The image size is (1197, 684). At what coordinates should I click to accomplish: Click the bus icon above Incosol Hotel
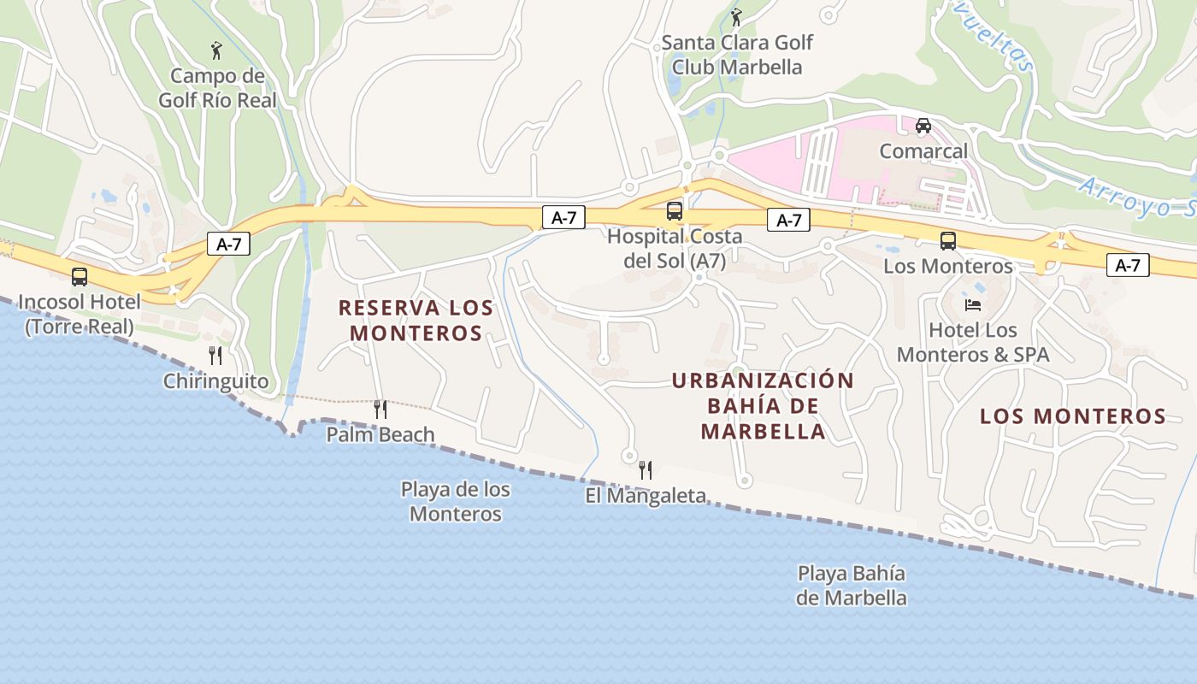click(x=80, y=277)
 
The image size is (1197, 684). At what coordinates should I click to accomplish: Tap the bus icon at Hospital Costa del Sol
click(x=675, y=210)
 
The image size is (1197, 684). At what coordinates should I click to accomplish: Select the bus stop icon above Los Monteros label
click(x=947, y=241)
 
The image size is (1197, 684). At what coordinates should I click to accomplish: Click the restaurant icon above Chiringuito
click(x=215, y=356)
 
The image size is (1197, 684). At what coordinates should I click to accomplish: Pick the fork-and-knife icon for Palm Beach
click(x=380, y=410)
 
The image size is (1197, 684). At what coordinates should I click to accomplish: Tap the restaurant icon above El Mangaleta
click(x=646, y=469)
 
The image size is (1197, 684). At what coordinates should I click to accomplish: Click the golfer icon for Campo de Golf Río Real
click(x=216, y=51)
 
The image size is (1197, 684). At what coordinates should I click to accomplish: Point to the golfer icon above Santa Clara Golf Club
click(x=736, y=16)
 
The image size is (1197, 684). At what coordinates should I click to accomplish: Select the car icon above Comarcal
click(x=923, y=126)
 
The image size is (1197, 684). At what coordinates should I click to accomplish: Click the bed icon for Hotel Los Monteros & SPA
click(x=973, y=304)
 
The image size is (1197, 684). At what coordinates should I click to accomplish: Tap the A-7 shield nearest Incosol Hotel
click(x=228, y=244)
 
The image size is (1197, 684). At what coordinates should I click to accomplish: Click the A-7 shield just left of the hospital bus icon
click(x=563, y=218)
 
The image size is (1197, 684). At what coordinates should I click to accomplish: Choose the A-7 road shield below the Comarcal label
click(x=788, y=221)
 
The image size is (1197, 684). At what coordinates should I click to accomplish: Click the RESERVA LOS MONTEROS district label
click(x=416, y=320)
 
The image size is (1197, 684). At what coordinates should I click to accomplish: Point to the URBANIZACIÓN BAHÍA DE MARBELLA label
click(x=764, y=406)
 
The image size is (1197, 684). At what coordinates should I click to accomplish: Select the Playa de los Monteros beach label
click(x=456, y=501)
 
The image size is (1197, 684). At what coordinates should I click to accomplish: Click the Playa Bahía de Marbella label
click(x=851, y=585)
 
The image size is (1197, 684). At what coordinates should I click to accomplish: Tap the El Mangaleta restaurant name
click(x=646, y=495)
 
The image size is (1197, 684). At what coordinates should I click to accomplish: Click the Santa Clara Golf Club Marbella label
click(x=737, y=54)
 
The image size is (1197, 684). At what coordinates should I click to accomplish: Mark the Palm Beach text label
click(x=380, y=434)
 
